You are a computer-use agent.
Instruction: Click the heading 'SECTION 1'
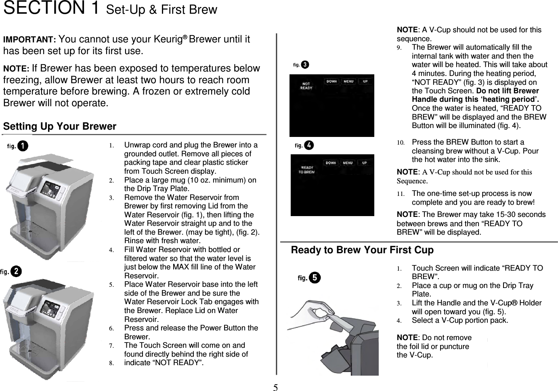coord(51,8)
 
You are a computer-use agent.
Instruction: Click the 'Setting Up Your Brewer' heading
coord(60,126)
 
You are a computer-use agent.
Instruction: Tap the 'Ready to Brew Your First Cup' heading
coord(362,250)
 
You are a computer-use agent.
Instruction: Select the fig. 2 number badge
coord(16,271)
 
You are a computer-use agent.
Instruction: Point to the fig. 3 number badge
coord(305,65)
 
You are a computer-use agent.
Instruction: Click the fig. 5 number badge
coord(315,277)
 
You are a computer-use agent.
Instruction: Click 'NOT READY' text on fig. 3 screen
coord(306,86)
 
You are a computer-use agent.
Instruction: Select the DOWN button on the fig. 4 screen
coord(331,163)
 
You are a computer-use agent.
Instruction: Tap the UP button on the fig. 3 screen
coord(365,82)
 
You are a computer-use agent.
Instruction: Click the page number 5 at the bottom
coord(275,388)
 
